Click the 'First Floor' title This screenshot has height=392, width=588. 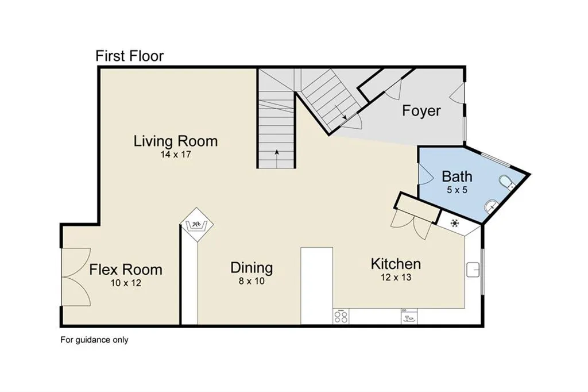pos(129,56)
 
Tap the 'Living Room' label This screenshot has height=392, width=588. pos(176,141)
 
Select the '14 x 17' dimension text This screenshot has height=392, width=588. pos(176,154)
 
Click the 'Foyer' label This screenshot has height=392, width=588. pos(421,111)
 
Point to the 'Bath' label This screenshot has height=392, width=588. pos(457,176)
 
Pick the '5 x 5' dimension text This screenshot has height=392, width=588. pos(457,190)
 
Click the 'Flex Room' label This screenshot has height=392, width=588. pos(126,270)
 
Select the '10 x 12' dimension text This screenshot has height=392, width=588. pos(126,283)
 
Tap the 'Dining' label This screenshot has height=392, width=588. pos(252,268)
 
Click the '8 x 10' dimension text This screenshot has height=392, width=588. pos(252,281)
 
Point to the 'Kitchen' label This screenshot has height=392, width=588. pos(396,264)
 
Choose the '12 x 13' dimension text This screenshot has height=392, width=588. pos(396,277)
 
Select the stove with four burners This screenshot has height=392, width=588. pos(341,316)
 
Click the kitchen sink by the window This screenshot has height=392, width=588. pos(473,270)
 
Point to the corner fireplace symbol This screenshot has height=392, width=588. pos(196,225)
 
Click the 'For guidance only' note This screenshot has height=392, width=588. pos(95,340)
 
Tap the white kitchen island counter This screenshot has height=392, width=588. pos(317,285)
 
